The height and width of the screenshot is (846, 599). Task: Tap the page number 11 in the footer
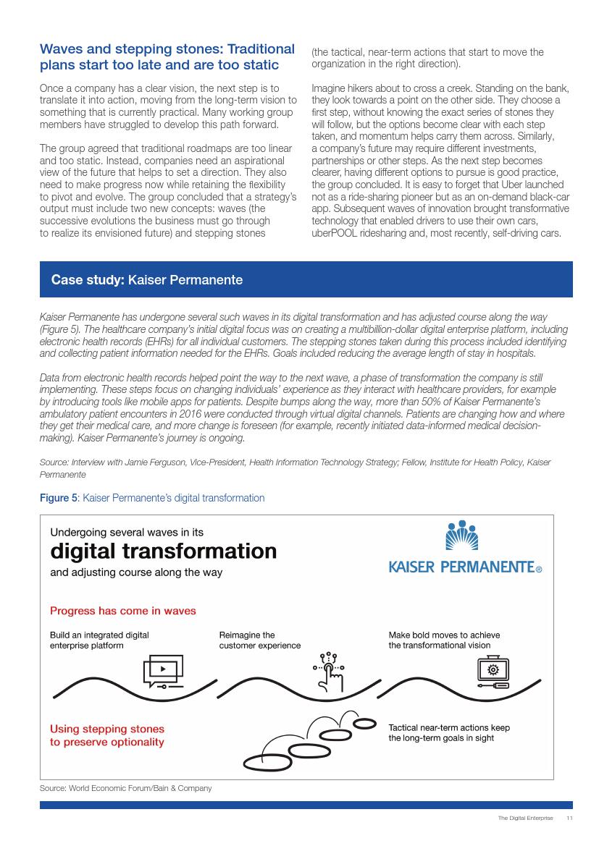[x=569, y=818]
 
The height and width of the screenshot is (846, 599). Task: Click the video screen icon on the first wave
[x=164, y=670]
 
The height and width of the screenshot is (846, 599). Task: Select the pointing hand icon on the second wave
[x=331, y=670]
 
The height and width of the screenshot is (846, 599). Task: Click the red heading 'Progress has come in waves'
[x=122, y=611]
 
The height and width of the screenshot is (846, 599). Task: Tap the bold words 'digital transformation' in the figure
[x=163, y=551]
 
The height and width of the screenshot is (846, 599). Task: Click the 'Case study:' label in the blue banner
[x=88, y=279]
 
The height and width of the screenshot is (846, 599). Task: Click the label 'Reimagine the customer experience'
[x=259, y=640]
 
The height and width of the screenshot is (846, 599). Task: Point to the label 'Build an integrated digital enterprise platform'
[x=99, y=640]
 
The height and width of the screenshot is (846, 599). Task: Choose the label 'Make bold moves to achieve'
[x=444, y=635]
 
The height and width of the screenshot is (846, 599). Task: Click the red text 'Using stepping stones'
[x=107, y=729]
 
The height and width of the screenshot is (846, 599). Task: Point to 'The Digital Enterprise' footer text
[x=525, y=818]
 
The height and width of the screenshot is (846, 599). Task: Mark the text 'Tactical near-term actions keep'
[x=449, y=727]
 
